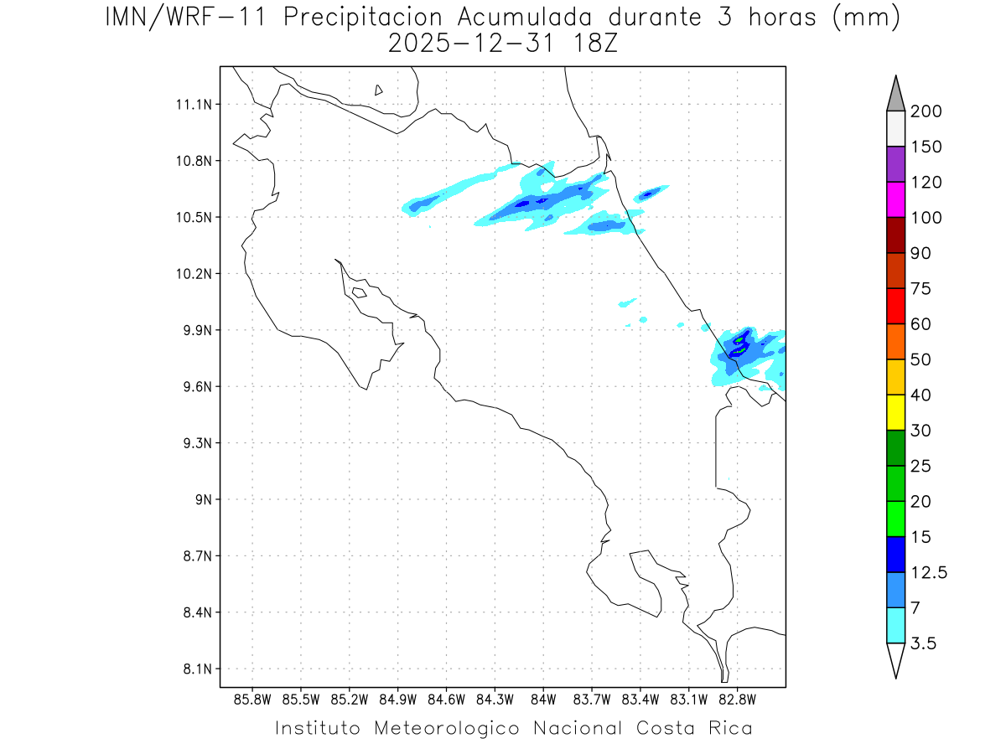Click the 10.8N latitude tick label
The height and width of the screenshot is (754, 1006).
click(x=192, y=161)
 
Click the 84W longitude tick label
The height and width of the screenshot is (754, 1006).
click(x=543, y=699)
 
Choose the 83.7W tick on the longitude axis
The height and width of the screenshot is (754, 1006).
click(x=592, y=699)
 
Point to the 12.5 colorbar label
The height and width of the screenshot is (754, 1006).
click(x=929, y=572)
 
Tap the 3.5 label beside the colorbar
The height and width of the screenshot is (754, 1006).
click(x=924, y=643)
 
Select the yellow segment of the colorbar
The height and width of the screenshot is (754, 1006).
click(x=895, y=412)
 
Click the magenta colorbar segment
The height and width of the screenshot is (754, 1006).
click(x=895, y=199)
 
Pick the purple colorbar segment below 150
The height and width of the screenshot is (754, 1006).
click(x=895, y=164)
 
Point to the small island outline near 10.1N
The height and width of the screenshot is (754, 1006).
click(x=359, y=292)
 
